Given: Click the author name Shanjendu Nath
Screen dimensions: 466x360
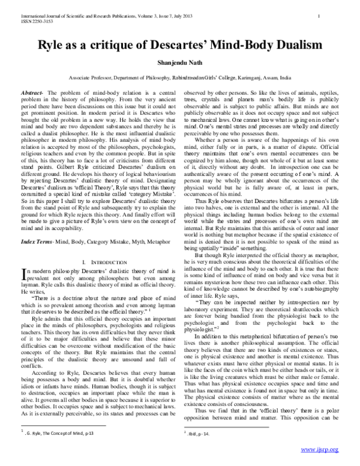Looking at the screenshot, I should [x=180, y=62].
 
